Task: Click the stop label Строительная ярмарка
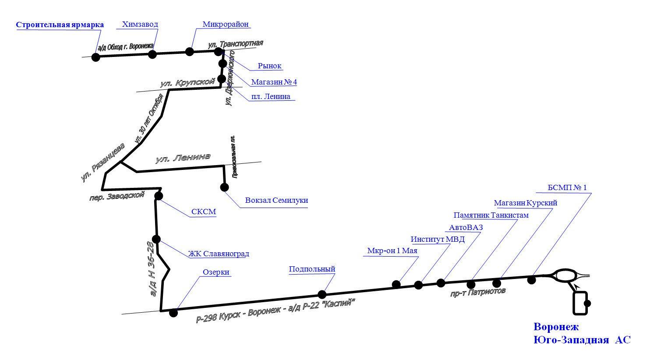(x=60, y=25)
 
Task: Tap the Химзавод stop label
(x=140, y=25)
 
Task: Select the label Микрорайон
(x=226, y=24)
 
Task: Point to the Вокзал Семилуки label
(x=276, y=201)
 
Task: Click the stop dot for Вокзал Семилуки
(x=224, y=187)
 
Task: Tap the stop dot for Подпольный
(x=322, y=294)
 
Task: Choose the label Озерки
(x=216, y=272)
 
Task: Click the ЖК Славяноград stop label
(x=219, y=254)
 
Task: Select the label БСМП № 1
(x=567, y=188)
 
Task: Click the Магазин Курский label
(x=526, y=203)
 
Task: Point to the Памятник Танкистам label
(x=491, y=215)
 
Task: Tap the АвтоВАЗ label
(x=466, y=228)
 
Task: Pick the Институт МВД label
(x=438, y=240)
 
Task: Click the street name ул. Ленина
(x=183, y=158)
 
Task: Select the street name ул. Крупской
(x=187, y=82)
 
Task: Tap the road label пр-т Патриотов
(x=478, y=292)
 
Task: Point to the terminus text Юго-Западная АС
(x=582, y=340)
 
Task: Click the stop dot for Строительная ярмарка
(x=95, y=57)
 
